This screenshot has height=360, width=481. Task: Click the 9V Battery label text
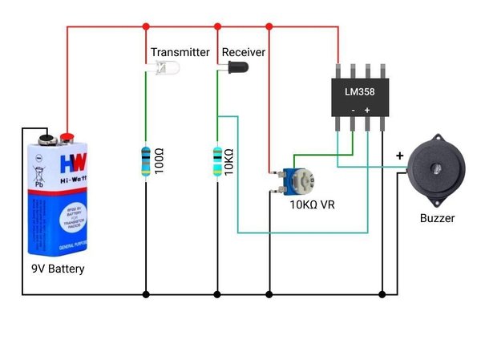pos(53,269)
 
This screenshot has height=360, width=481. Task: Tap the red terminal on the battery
pos(67,139)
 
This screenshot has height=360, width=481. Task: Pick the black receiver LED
pos(232,69)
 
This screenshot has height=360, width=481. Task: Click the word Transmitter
pos(180,52)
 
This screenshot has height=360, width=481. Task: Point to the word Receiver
pos(244,52)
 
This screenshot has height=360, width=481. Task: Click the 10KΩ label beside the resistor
pos(231,160)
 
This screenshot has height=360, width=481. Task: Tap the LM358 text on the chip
pos(360,91)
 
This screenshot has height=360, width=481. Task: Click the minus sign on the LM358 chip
pos(353,109)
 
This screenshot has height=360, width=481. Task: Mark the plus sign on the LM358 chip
pos(367,109)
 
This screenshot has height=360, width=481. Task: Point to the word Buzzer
pos(438,218)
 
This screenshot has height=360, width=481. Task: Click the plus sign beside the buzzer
pos(399,156)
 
